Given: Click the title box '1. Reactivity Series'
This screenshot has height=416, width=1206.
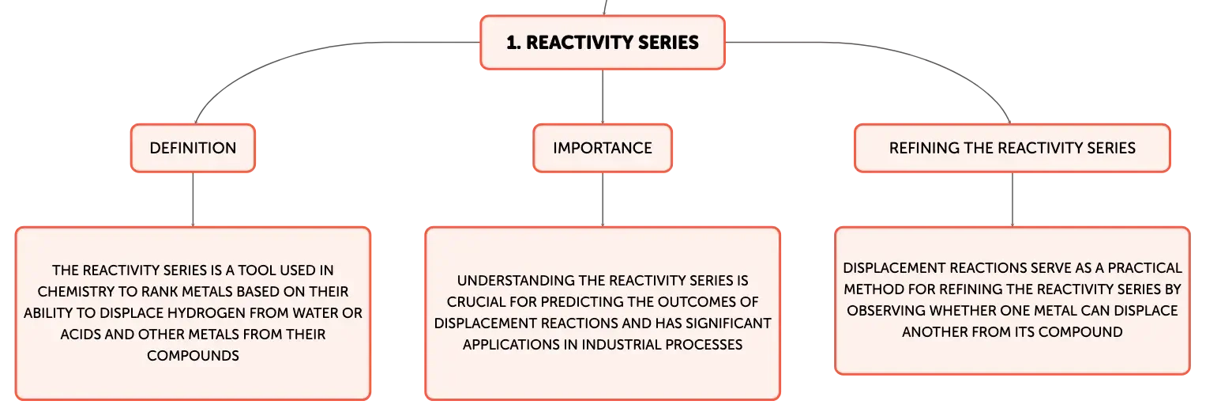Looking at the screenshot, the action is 603,43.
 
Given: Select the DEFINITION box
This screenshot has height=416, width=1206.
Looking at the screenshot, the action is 193,148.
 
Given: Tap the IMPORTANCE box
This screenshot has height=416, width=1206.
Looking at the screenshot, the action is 603,148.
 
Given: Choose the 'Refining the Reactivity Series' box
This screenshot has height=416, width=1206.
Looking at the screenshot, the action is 1013,148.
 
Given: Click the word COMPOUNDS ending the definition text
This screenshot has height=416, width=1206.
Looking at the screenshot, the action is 193,356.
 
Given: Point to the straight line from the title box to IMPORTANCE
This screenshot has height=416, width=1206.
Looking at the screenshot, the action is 603,97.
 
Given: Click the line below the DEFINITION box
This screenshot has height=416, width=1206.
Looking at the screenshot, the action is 193,199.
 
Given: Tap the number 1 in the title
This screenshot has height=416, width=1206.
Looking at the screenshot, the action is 512,43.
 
